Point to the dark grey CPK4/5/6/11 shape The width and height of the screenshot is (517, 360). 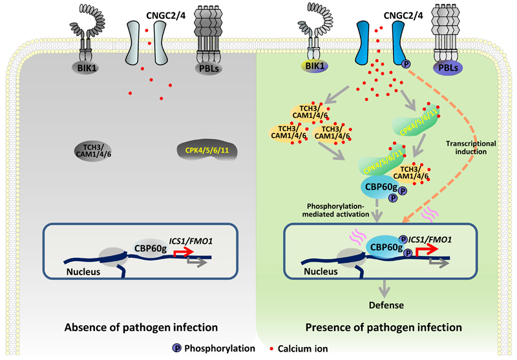coord(205,150)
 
